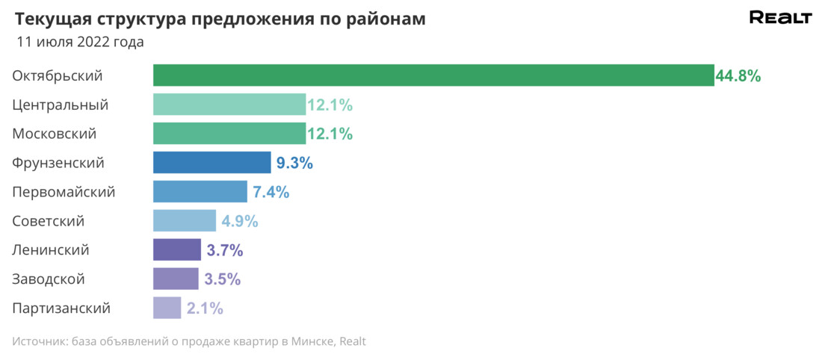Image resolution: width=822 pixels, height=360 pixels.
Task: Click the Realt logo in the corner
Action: click(780, 19)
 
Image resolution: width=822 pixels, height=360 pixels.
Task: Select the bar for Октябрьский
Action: click(433, 75)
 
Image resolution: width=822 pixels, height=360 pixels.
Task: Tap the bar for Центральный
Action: click(229, 105)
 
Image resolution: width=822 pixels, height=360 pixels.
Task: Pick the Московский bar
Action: click(229, 134)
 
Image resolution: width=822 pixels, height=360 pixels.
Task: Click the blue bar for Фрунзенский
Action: click(212, 163)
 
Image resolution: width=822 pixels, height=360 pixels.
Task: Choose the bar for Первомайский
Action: click(200, 192)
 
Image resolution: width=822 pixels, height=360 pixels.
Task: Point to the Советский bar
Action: click(185, 221)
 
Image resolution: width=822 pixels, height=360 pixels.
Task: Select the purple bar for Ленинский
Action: click(177, 250)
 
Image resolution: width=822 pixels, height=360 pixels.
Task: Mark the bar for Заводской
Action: click(176, 279)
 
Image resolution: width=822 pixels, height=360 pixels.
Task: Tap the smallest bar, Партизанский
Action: click(167, 308)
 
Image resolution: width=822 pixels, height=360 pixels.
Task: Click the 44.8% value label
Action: click(738, 75)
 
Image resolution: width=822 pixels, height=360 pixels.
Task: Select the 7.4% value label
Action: click(271, 192)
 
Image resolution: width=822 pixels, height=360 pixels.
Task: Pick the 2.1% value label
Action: click(205, 308)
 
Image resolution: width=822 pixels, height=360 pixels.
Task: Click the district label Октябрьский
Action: click(58, 75)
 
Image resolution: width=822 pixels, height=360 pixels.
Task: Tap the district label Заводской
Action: click(49, 279)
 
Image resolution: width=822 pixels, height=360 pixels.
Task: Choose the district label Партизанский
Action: click(61, 308)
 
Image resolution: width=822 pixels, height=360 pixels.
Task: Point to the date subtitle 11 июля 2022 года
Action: click(80, 43)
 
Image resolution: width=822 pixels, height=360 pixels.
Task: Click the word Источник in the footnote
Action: click(37, 342)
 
